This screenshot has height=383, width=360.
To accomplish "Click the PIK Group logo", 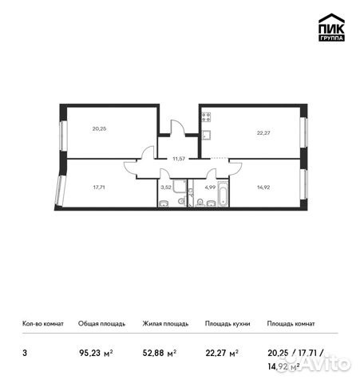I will coord(331,28).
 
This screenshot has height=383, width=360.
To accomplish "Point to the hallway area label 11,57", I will coord(178,160).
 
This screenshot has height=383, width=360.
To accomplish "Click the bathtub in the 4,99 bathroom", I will coord(223,195).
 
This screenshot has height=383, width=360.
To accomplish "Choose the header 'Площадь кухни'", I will coord(227,324).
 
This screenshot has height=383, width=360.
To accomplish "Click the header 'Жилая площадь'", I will coord(165,324).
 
